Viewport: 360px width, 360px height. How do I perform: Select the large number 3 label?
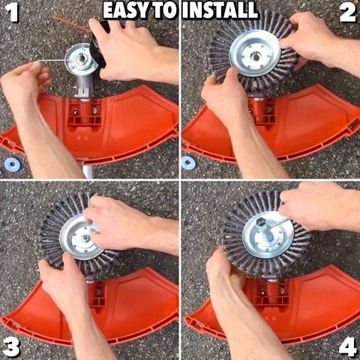point(10,346)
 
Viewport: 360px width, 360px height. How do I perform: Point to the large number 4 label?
point(347,346)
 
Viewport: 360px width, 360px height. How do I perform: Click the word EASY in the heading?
point(127,10)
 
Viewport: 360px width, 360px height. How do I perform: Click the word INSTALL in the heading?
point(220,10)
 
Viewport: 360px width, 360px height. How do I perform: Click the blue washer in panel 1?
point(12,164)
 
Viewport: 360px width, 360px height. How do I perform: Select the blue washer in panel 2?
point(188,163)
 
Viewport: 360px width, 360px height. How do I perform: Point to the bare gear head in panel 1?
point(81,59)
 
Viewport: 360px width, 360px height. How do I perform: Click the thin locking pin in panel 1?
point(52,60)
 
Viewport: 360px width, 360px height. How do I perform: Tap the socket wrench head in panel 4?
point(261,223)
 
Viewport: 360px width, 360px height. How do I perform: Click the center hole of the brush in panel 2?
point(255,56)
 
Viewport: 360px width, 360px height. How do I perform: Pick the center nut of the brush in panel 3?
point(85,237)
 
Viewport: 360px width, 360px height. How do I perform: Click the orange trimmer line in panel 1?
point(72,24)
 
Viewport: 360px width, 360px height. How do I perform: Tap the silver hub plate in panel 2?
point(254,55)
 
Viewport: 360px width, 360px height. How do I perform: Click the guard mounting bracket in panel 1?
point(85,112)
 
